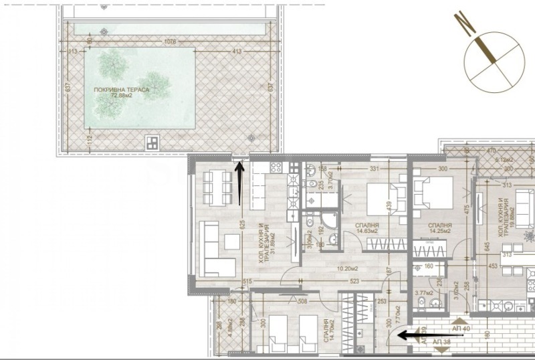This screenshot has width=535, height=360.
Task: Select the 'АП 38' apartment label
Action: pyautogui.click(x=442, y=343)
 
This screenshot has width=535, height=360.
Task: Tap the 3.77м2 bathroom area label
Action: pyautogui.click(x=423, y=292)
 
